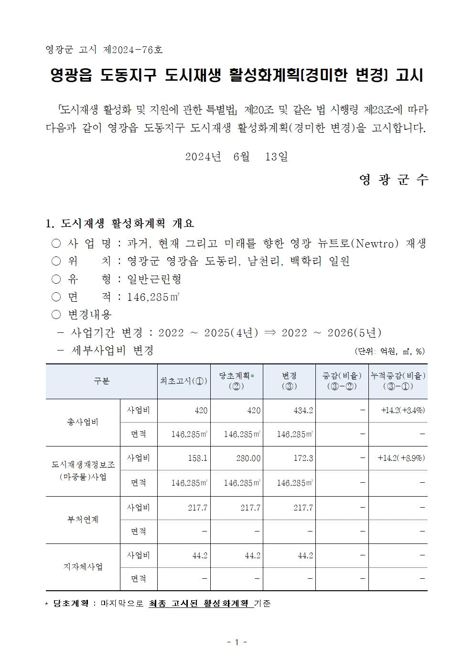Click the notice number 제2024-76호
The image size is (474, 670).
tap(132, 49)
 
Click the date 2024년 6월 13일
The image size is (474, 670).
tap(237, 157)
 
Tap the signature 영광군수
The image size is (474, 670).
tap(394, 180)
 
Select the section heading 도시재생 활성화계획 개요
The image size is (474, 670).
tap(127, 223)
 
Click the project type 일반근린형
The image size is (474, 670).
tap(154, 279)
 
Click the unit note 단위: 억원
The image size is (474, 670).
tap(374, 351)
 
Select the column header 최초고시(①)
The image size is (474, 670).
tap(184, 381)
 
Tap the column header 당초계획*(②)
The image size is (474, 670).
tap(237, 381)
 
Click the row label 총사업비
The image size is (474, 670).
tap(83, 422)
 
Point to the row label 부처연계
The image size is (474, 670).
tap(83, 520)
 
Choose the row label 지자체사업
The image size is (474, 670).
tap(83, 567)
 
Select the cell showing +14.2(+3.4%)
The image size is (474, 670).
tap(403, 410)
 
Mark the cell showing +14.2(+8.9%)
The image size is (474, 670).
tap(401, 458)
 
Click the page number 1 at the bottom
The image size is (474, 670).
tap(237, 642)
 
